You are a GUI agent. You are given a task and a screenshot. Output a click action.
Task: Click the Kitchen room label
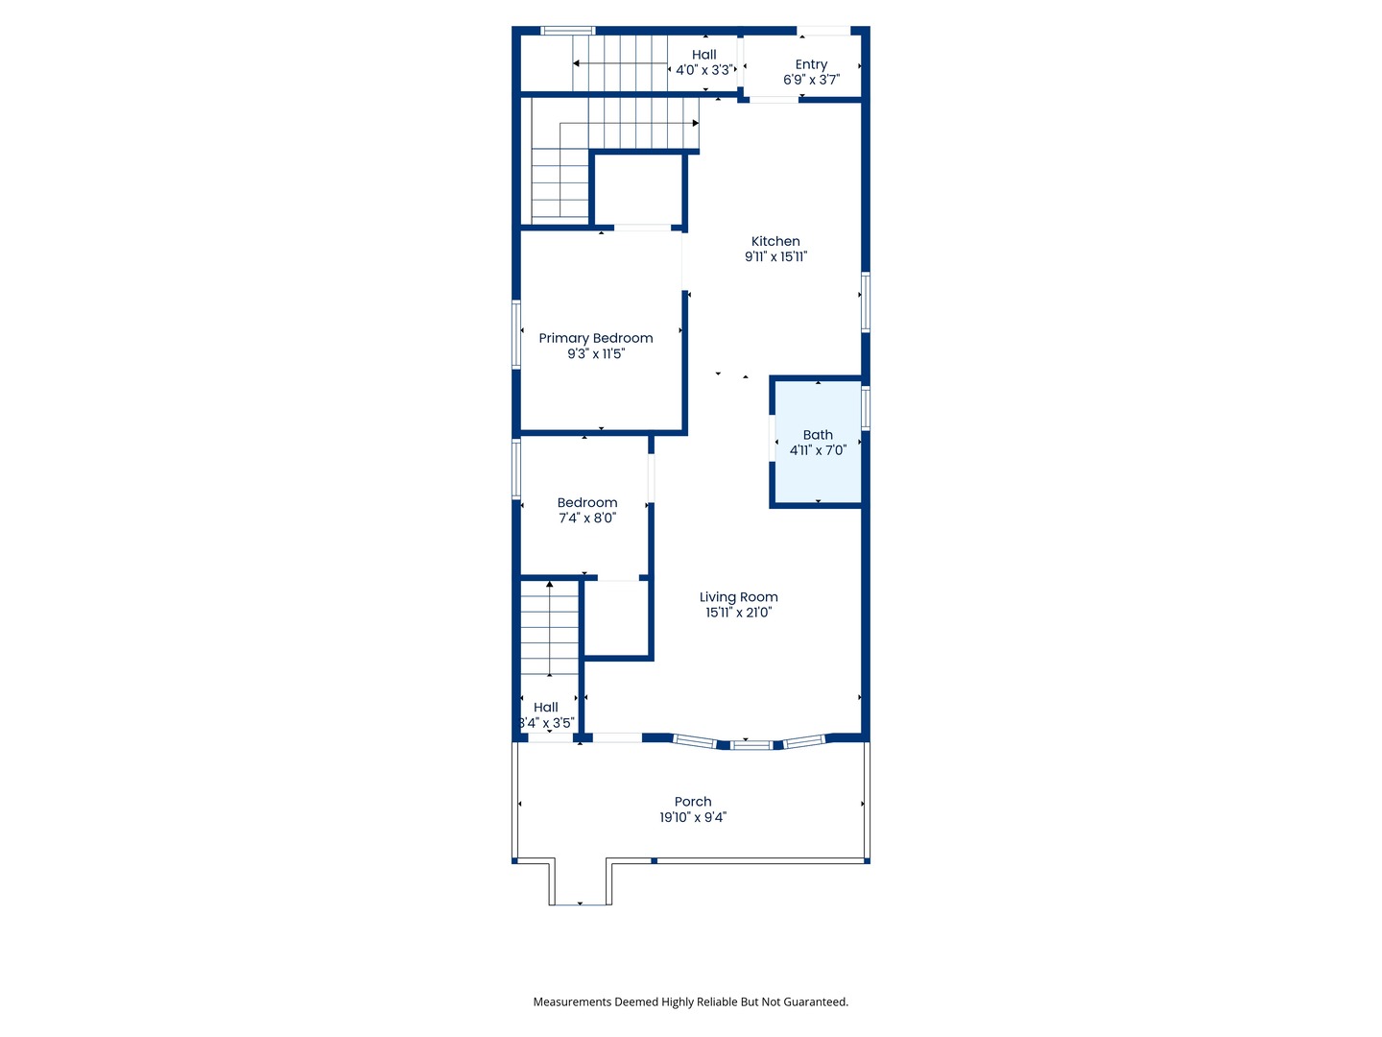click(x=775, y=241)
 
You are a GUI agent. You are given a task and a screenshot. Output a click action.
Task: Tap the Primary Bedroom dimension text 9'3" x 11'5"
click(x=596, y=354)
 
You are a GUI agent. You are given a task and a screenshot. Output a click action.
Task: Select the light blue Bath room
click(x=818, y=442)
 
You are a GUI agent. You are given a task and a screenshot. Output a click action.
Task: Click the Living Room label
click(x=739, y=597)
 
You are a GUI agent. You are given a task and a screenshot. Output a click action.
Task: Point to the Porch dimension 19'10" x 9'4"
click(x=693, y=817)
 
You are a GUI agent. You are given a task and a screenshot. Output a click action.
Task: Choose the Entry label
click(x=811, y=64)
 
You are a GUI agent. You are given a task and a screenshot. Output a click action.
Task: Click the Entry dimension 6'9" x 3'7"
click(x=811, y=80)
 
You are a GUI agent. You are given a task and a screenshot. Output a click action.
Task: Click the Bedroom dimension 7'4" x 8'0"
click(x=586, y=518)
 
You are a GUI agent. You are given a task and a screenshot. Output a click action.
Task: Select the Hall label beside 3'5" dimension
click(x=545, y=707)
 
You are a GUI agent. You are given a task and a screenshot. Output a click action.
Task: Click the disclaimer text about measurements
click(x=691, y=1001)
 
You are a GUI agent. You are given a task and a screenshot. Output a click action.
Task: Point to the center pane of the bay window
click(x=751, y=745)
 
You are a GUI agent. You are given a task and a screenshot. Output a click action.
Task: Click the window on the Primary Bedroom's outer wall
click(x=516, y=334)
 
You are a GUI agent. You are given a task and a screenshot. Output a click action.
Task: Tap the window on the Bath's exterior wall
click(x=865, y=408)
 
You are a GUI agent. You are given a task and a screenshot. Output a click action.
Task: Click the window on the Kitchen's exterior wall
click(x=865, y=302)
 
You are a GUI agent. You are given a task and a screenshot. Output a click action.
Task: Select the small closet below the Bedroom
click(x=616, y=618)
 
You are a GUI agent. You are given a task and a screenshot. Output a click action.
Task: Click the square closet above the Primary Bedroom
click(x=638, y=189)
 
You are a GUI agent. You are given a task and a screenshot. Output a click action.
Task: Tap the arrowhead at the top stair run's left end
click(x=576, y=63)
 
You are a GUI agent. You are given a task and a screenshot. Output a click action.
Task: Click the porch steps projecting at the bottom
click(x=580, y=882)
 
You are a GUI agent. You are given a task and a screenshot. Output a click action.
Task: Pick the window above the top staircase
click(x=567, y=31)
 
